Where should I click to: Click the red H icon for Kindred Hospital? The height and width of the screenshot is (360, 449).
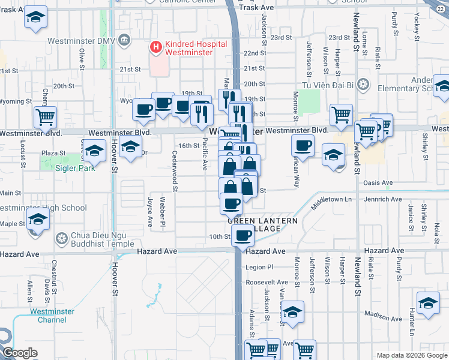click(x=156, y=46)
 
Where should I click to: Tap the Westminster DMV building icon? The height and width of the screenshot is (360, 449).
click(x=124, y=40)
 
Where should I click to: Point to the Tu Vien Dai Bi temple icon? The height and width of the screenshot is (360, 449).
click(x=362, y=84)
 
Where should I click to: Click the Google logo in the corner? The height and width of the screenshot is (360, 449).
click(x=20, y=353)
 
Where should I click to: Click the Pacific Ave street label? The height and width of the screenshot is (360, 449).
click(x=205, y=154)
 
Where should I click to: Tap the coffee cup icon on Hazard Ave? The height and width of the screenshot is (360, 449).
click(x=242, y=237)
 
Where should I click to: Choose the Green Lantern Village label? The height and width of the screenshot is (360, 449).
click(x=263, y=226)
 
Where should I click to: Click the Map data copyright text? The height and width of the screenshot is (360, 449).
click(x=411, y=355)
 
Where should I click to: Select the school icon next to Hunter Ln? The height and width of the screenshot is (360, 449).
click(x=429, y=304)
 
